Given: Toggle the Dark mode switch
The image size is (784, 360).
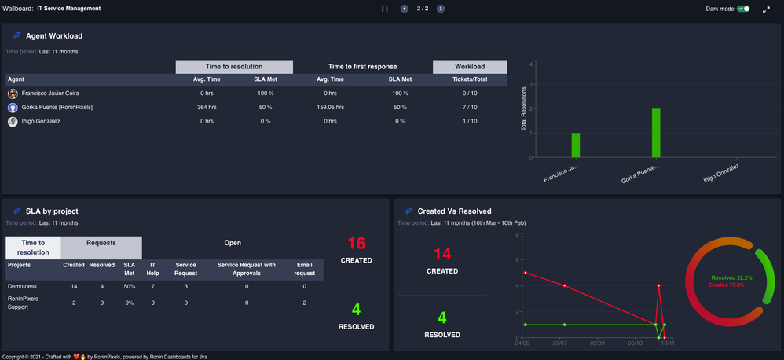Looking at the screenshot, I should coord(743,9).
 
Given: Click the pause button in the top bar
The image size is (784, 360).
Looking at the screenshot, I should coord(385,9).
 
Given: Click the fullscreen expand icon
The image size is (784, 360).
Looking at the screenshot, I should coord(766,9).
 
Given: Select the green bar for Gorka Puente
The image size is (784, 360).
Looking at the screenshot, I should coord(656,133).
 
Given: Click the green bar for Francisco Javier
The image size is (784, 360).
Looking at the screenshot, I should coord(576,145).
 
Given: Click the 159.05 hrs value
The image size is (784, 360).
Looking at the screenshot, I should coord(330,107).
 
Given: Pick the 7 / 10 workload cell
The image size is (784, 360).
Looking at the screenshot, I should coord(470,107).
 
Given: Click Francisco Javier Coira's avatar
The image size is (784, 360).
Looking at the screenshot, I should coord(13,93).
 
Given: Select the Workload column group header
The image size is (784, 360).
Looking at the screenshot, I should coord(470,67).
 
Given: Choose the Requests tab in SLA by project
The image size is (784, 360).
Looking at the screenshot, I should coord(101,244).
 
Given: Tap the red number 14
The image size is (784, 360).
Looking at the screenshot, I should coord(442,253).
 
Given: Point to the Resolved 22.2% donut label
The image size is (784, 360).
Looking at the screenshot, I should coord(731,278).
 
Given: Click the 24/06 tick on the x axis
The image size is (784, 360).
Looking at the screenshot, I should coord(522,343).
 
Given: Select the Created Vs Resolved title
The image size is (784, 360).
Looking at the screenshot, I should coord(454,211).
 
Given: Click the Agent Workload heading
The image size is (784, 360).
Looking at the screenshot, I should coord(54,36).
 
